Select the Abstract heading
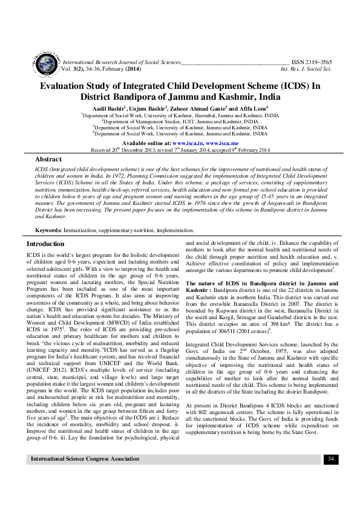click(x=48, y=158)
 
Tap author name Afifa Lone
click(x=246, y=107)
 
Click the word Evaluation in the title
click(x=65, y=86)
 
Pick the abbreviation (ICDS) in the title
click(x=289, y=86)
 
